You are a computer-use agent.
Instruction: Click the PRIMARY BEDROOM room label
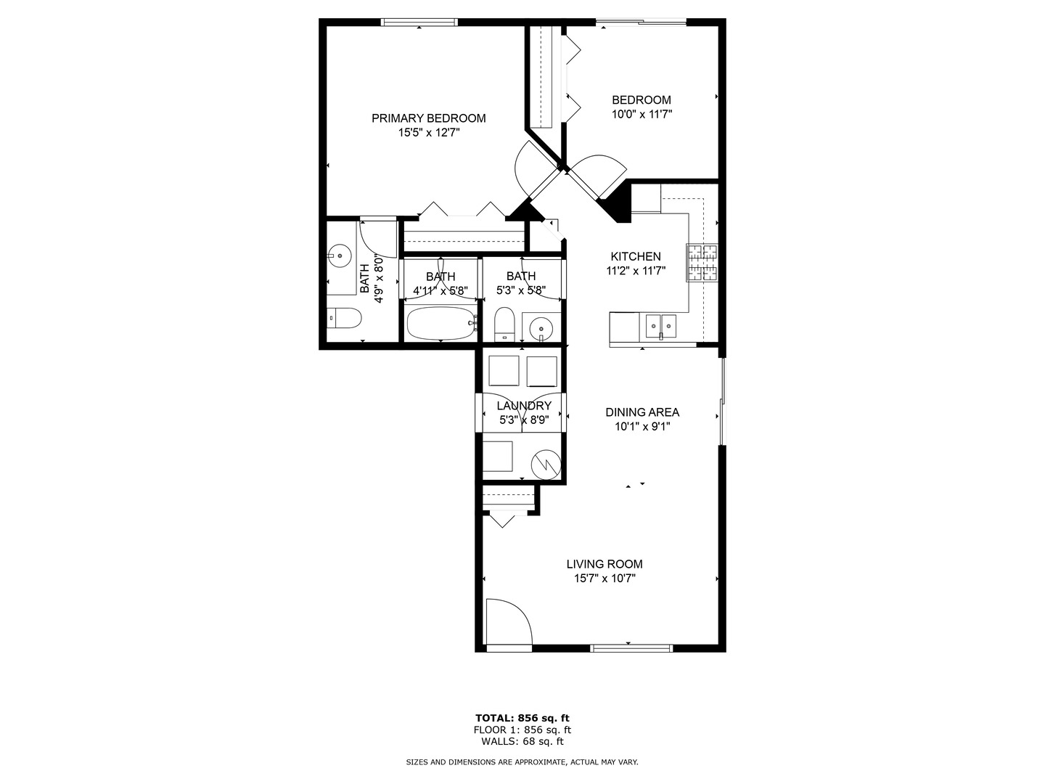click(428, 118)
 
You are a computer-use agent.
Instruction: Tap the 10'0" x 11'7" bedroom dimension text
click(642, 114)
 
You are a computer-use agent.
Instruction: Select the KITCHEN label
click(635, 256)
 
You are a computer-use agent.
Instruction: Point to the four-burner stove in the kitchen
click(702, 263)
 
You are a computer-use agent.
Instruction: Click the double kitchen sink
click(661, 327)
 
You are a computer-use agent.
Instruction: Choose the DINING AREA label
click(642, 412)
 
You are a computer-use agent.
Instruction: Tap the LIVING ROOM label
click(605, 564)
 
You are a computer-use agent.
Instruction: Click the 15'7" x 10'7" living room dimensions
click(605, 579)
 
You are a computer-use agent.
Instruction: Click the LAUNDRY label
click(523, 406)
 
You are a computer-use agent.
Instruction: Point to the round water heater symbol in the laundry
click(545, 464)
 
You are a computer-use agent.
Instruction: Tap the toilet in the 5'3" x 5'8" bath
click(504, 324)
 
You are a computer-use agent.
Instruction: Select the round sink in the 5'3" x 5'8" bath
click(541, 329)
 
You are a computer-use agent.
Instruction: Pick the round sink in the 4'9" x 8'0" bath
click(338, 255)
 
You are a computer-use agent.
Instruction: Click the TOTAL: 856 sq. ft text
click(522, 718)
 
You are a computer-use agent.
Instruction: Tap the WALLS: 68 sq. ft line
click(522, 741)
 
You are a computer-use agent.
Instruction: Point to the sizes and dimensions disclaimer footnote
click(522, 762)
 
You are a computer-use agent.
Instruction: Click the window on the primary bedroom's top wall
click(420, 23)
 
